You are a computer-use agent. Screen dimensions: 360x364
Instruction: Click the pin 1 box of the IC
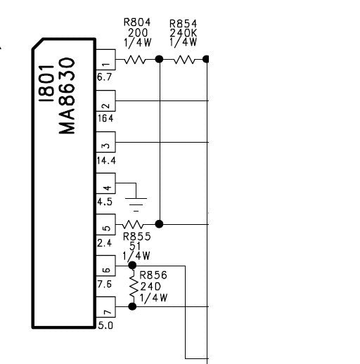pyautogui.click(x=105, y=60)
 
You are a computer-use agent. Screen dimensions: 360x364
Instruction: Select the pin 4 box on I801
pyautogui.click(x=105, y=183)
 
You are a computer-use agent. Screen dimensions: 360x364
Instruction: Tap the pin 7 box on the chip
pyautogui.click(x=105, y=307)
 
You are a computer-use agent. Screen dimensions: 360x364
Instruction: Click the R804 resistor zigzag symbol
pyautogui.click(x=134, y=60)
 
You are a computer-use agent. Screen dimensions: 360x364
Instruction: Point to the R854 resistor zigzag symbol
pyautogui.click(x=184, y=60)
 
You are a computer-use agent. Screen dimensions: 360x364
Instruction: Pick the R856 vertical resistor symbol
pyautogui.click(x=134, y=286)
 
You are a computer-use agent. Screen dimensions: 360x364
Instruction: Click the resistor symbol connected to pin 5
pyautogui.click(x=132, y=225)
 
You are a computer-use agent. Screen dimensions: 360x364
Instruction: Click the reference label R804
pyautogui.click(x=137, y=22)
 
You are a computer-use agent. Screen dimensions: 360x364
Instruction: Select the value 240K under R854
pyautogui.click(x=184, y=33)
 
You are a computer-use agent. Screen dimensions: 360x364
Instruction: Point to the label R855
pyautogui.click(x=137, y=237)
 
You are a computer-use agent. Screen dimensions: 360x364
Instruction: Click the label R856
pyautogui.click(x=153, y=275)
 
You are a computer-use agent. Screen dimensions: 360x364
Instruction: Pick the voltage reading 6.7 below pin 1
pyautogui.click(x=105, y=77)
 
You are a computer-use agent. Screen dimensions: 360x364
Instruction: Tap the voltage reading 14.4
pyautogui.click(x=106, y=160)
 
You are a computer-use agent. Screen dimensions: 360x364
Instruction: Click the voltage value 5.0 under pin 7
pyautogui.click(x=105, y=325)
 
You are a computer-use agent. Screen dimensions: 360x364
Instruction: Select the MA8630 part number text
pyautogui.click(x=67, y=96)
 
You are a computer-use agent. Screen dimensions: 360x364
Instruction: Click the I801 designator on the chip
pyautogui.click(x=46, y=84)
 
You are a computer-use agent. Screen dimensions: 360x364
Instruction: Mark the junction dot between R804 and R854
pyautogui.click(x=159, y=59)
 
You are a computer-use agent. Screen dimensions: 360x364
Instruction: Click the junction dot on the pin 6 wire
pyautogui.click(x=132, y=266)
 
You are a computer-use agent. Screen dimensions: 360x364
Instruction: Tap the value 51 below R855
pyautogui.click(x=135, y=246)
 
